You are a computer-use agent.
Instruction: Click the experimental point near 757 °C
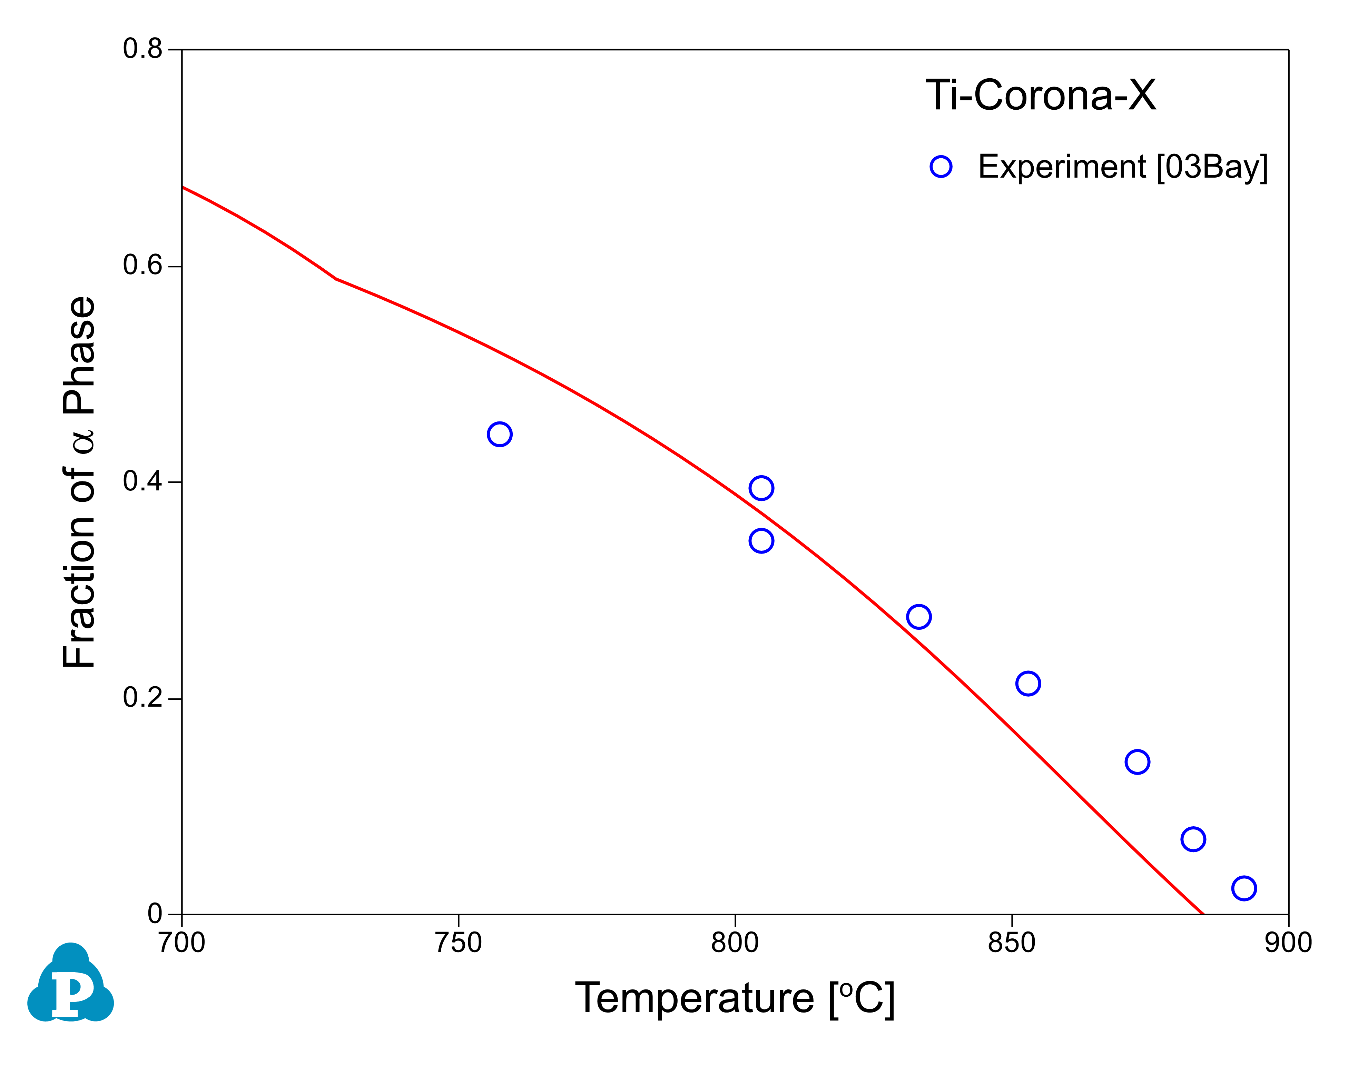point(500,435)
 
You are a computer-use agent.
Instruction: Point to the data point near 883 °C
point(1193,839)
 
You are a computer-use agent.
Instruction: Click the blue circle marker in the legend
point(941,167)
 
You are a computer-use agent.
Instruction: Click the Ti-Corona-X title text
point(1041,96)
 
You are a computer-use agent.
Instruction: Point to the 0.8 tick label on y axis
point(143,49)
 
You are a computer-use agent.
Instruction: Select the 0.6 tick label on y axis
point(143,266)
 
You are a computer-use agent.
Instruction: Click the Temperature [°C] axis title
point(735,998)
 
